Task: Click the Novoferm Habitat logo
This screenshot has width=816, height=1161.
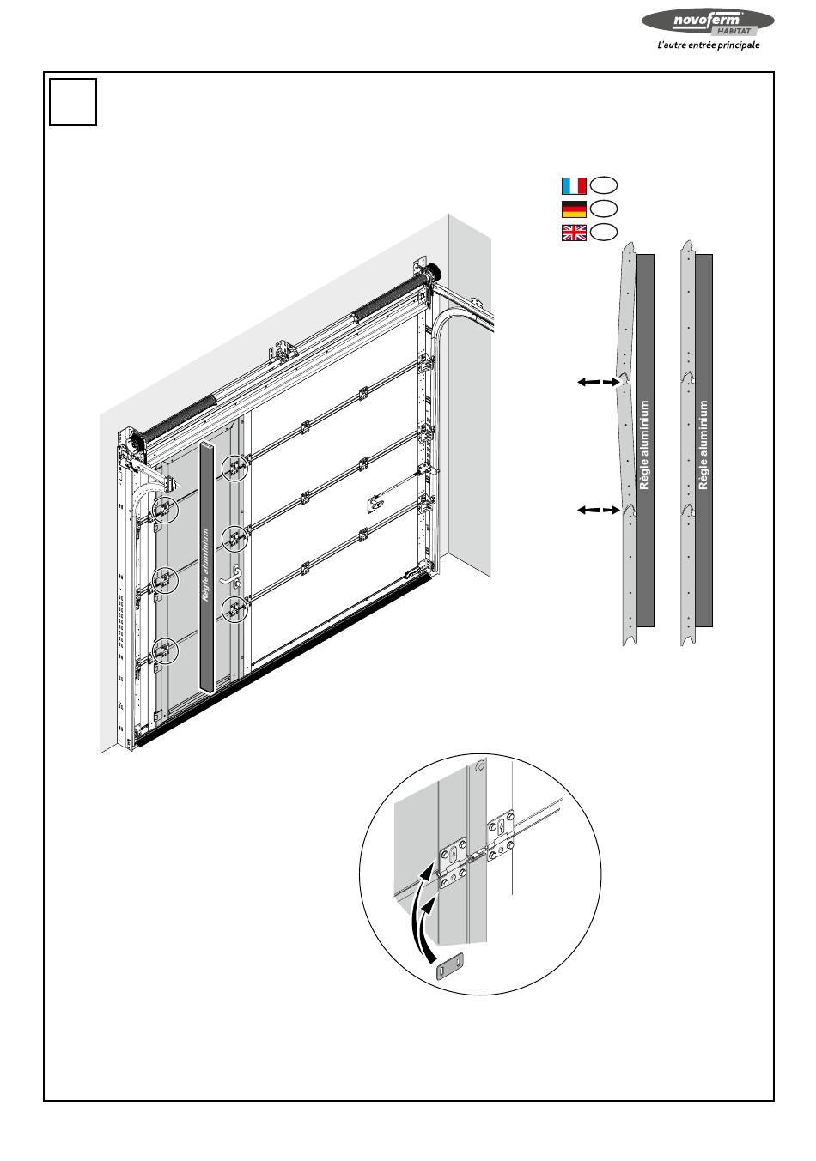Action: tap(708, 22)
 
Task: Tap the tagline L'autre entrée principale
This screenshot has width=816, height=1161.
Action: tap(708, 45)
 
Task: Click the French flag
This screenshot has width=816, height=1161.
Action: tap(574, 185)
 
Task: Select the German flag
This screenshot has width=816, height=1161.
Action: tap(574, 209)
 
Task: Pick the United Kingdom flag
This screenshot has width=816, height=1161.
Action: tap(574, 233)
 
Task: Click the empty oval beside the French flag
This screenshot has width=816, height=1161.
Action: tap(604, 185)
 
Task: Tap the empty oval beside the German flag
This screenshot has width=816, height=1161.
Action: tap(604, 209)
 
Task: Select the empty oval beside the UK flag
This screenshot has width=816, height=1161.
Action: tap(604, 232)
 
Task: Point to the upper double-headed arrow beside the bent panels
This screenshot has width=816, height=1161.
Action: tap(599, 382)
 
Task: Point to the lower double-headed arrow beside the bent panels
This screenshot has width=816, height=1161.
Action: tap(599, 510)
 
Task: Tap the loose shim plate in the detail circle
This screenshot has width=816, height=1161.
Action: tap(449, 973)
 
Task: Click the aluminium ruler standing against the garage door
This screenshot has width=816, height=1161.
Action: tap(206, 566)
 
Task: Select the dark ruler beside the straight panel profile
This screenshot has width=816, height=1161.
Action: tap(703, 440)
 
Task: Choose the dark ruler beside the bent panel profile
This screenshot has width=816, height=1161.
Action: tap(645, 440)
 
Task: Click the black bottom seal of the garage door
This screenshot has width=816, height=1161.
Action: tap(283, 661)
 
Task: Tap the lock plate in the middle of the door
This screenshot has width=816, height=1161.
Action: tap(375, 504)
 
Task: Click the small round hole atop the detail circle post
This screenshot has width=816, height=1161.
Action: tap(480, 765)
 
